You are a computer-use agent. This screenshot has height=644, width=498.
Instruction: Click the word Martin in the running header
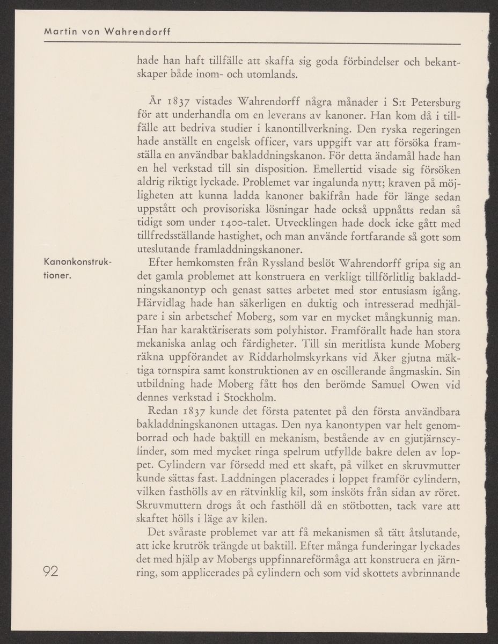point(60,31)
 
